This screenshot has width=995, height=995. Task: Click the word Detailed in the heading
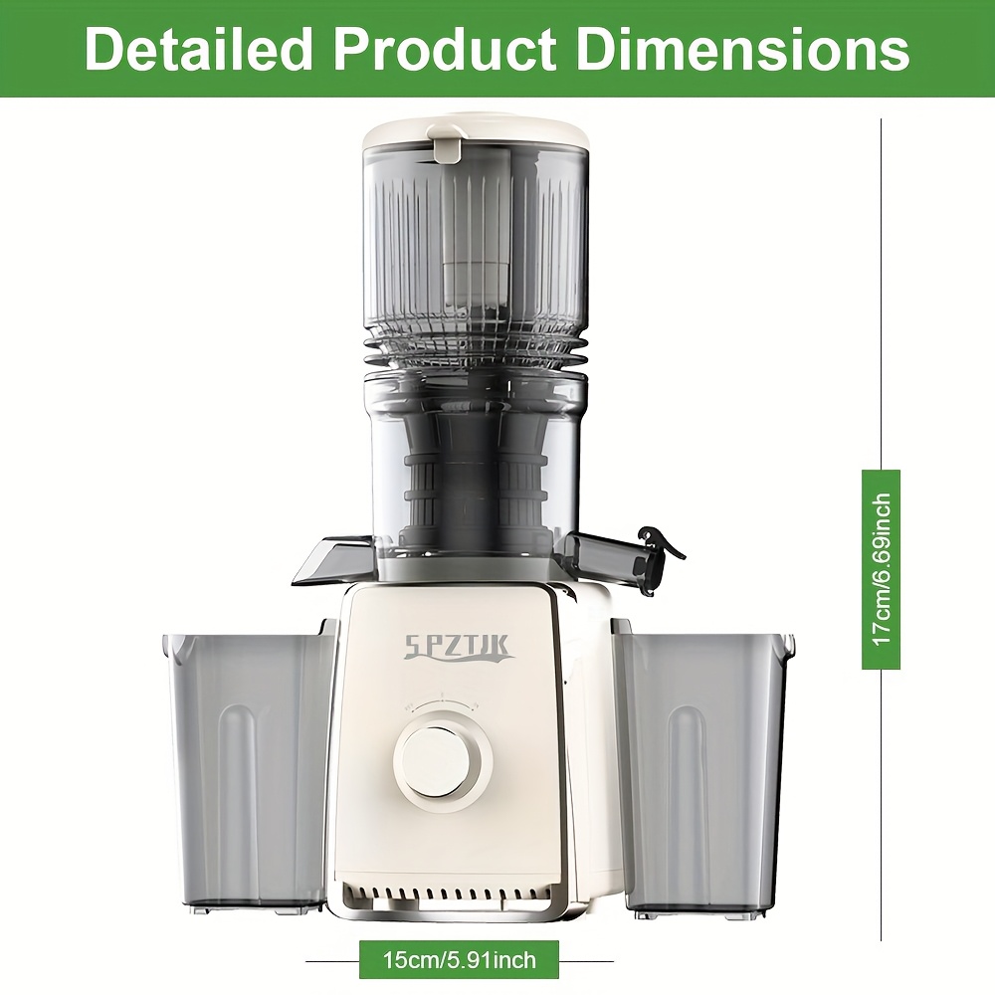pyautogui.click(x=198, y=49)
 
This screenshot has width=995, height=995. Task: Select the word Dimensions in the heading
pyautogui.click(x=743, y=49)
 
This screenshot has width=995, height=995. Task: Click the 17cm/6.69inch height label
pyautogui.click(x=882, y=570)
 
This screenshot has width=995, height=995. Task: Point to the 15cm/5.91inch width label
pyautogui.click(x=460, y=960)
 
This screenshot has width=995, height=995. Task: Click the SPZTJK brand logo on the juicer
pyautogui.click(x=457, y=649)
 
